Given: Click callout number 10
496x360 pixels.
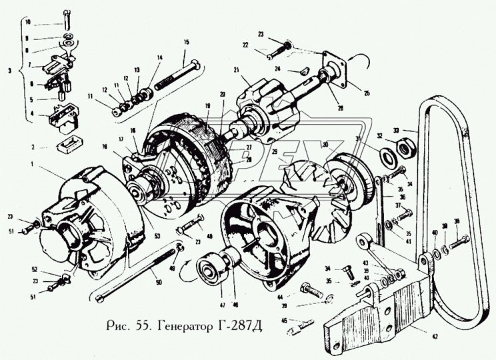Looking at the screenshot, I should tap(27, 22).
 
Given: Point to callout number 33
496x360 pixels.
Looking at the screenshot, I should tap(415, 131).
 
